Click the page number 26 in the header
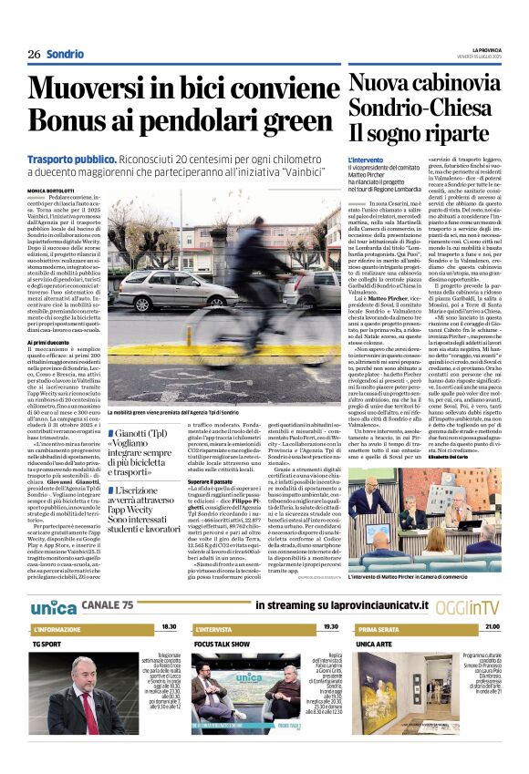tap(34, 55)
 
